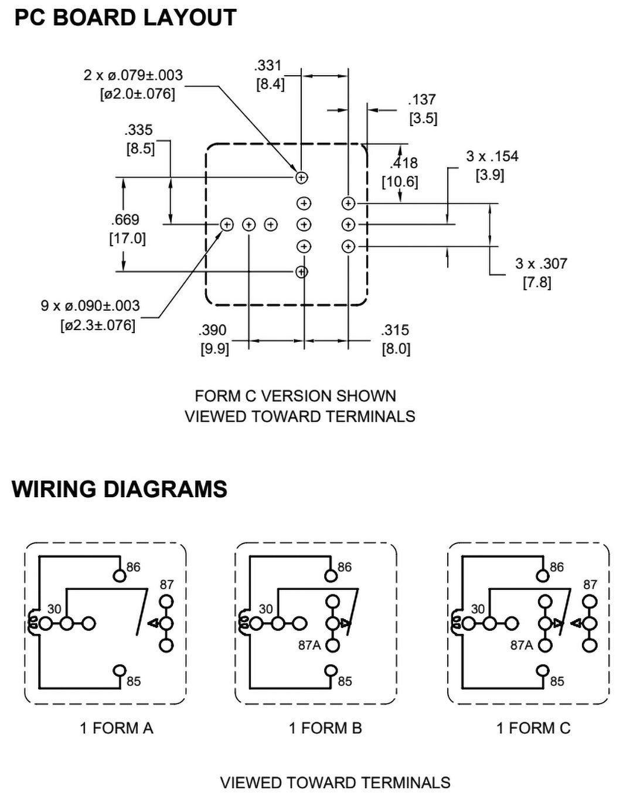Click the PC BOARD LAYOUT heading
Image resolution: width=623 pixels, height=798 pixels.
click(125, 18)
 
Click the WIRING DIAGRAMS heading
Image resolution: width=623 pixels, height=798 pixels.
click(120, 489)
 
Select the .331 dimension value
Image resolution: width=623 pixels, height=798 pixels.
click(268, 65)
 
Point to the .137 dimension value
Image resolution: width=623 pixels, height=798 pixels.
click(422, 100)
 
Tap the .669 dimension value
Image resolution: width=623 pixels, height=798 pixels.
click(125, 220)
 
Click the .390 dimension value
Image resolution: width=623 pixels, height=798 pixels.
click(213, 330)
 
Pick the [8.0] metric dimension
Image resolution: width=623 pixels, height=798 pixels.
click(396, 349)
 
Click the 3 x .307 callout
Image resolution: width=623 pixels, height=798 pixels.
click(541, 264)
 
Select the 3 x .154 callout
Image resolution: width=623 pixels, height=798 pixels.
click(492, 157)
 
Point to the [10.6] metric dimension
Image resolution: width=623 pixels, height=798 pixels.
click(400, 182)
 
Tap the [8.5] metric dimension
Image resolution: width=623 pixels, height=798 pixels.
click(141, 149)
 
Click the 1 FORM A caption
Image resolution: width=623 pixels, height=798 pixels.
click(117, 728)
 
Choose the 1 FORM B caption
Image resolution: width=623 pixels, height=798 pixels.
click(325, 728)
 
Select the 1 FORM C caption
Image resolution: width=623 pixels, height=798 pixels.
click(533, 728)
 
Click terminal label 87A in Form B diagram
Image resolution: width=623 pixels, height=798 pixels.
click(309, 645)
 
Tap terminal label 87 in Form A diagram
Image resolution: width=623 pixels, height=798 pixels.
click(167, 585)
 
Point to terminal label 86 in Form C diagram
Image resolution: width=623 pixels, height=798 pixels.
click(557, 567)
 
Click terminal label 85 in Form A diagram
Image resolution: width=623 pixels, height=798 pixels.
click(134, 681)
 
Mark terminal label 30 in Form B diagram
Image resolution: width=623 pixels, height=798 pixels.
click(266, 609)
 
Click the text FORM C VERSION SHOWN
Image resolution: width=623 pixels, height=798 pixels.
click(295, 396)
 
